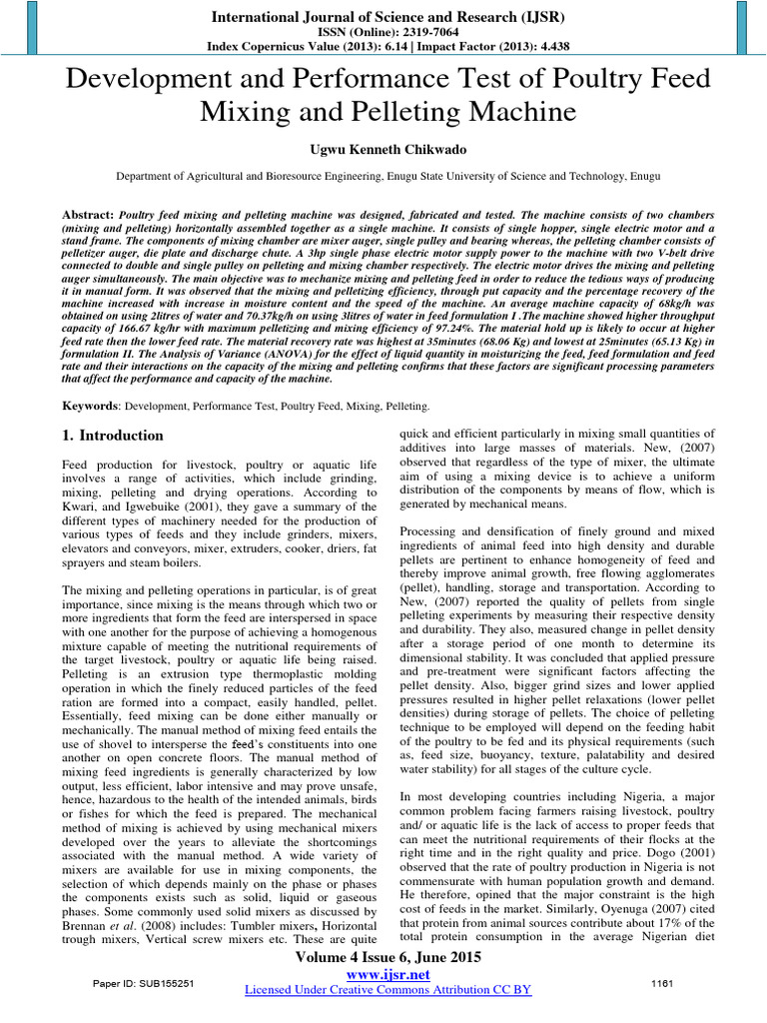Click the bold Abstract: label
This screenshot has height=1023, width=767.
(88, 215)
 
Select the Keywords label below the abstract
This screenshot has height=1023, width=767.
(90, 407)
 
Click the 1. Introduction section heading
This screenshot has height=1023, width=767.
(113, 436)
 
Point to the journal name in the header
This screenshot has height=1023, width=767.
(383, 17)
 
